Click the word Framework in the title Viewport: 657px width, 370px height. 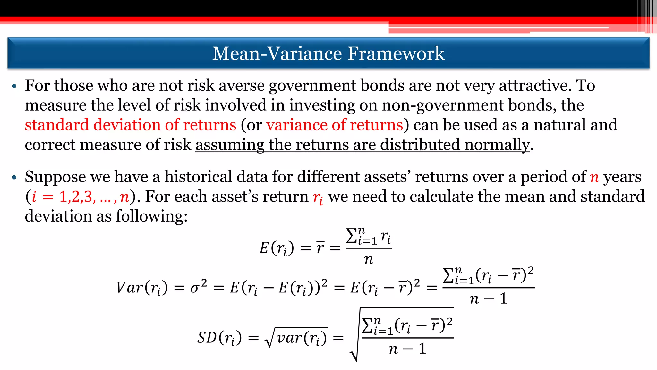[396, 53]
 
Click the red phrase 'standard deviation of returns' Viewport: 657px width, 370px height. [130, 125]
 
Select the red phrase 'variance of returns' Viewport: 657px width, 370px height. [334, 125]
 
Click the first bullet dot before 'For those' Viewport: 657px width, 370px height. [14, 86]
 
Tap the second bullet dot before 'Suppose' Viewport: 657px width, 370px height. [14, 177]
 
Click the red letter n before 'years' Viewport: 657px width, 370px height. [594, 177]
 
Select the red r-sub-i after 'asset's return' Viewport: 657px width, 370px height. [318, 198]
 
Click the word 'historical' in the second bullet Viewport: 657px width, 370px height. [197, 177]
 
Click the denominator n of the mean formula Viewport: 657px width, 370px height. [369, 259]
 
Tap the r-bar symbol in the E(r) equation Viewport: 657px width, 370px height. [320, 248]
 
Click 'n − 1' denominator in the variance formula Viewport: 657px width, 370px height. [488, 299]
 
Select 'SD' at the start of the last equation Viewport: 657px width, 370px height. [207, 338]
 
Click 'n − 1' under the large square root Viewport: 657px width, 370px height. [407, 349]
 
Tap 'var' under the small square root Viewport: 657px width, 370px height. [289, 338]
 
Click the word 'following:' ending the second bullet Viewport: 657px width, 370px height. [151, 216]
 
